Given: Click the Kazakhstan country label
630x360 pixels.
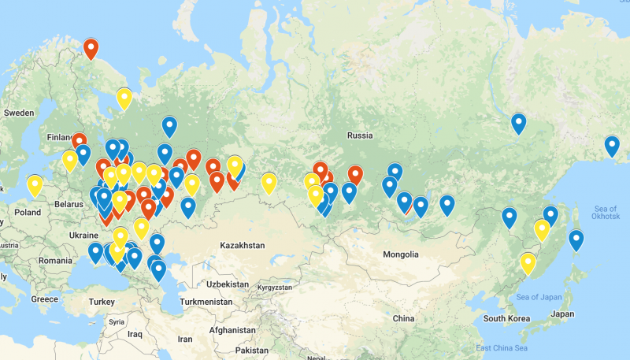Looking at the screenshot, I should [x=243, y=246].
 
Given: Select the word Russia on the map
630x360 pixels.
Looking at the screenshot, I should [x=359, y=135].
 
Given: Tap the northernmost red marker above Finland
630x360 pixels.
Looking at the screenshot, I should [x=91, y=49].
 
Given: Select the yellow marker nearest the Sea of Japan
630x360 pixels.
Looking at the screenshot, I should [x=528, y=262].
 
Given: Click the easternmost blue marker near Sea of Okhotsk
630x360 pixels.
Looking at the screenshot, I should [x=612, y=146].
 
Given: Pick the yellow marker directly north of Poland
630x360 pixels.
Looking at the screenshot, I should [x=35, y=185].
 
